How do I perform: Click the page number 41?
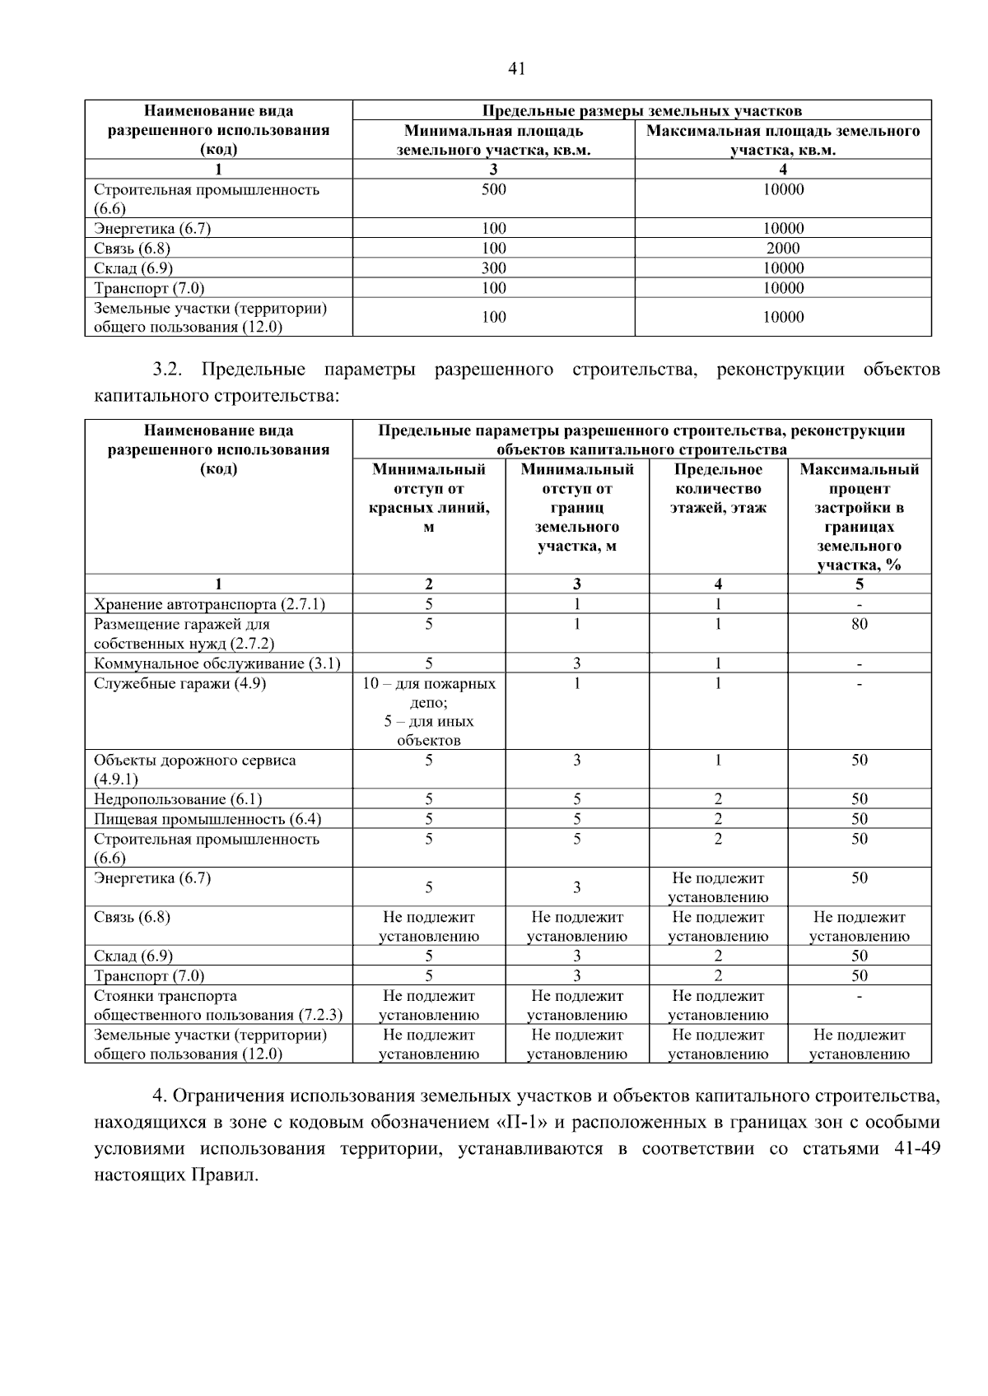(x=517, y=69)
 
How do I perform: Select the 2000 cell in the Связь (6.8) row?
(x=782, y=248)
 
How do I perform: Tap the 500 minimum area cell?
(x=493, y=189)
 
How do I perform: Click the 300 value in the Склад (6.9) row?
(x=493, y=268)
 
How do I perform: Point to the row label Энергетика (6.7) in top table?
(x=152, y=228)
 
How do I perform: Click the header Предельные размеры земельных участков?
(x=641, y=110)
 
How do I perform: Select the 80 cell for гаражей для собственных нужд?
(x=859, y=624)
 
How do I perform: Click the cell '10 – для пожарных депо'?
(x=429, y=693)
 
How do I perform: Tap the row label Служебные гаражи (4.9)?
(x=180, y=683)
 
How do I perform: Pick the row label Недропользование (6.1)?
(x=178, y=798)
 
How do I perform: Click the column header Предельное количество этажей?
(x=718, y=488)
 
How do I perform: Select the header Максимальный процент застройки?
(x=859, y=516)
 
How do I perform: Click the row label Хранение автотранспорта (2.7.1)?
(x=209, y=604)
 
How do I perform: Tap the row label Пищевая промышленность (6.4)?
(x=207, y=819)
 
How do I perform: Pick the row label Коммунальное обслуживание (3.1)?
(x=217, y=663)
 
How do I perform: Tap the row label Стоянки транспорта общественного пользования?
(x=217, y=1005)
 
